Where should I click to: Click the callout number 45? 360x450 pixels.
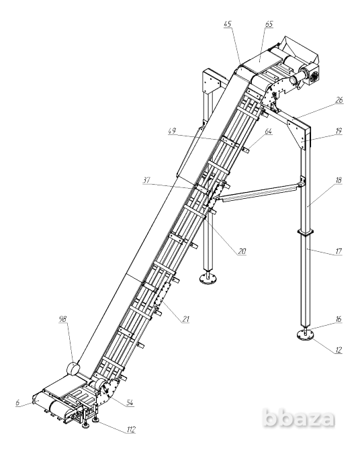pyautogui.click(x=228, y=24)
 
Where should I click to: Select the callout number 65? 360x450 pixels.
pyautogui.click(x=269, y=24)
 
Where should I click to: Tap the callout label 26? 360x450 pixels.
pyautogui.click(x=339, y=100)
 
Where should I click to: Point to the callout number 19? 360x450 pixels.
pyautogui.click(x=339, y=131)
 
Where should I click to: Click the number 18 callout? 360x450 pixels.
pyautogui.click(x=339, y=180)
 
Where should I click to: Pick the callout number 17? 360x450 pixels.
pyautogui.click(x=339, y=251)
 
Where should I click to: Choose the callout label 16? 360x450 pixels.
pyautogui.click(x=339, y=319)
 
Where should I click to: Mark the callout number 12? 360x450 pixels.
pyautogui.click(x=339, y=350)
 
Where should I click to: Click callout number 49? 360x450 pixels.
pyautogui.click(x=172, y=131)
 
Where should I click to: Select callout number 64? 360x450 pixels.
pyautogui.click(x=268, y=131)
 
